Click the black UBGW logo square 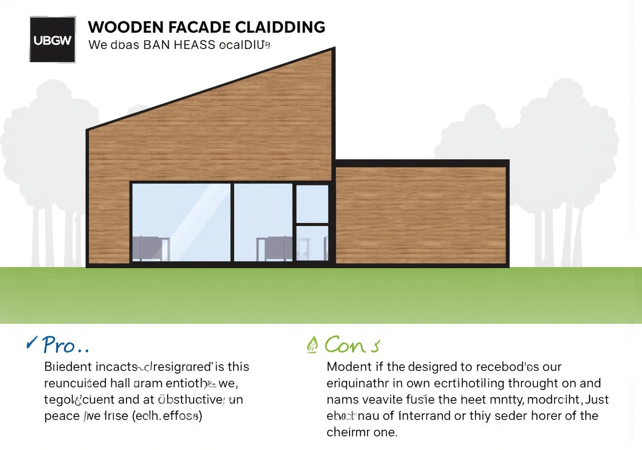click(53, 40)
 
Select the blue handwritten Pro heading click(65, 345)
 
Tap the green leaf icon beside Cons click(312, 345)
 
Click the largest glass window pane click(181, 222)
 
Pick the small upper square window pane click(312, 203)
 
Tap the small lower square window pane click(312, 243)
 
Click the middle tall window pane click(263, 222)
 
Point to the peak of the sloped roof click(333, 49)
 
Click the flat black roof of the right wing click(421, 163)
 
